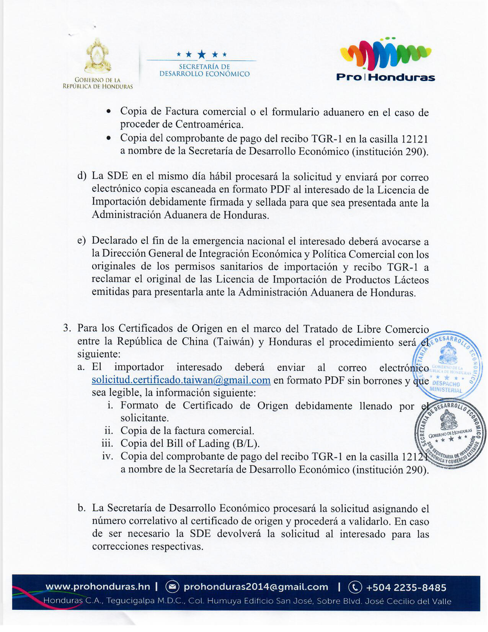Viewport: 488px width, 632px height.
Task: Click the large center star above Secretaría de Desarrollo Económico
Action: (x=202, y=54)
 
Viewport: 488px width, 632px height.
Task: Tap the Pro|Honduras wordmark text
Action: (x=385, y=77)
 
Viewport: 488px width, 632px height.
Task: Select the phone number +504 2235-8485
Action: (x=406, y=587)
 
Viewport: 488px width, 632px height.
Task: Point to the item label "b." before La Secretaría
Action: (x=82, y=508)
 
